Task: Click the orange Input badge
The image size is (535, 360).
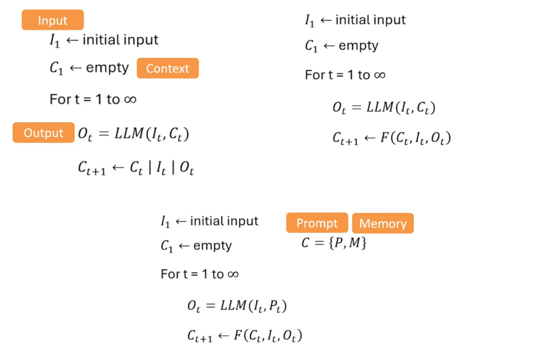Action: tap(53, 20)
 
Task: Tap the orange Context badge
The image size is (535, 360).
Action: tap(167, 68)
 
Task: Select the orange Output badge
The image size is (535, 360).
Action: tap(44, 133)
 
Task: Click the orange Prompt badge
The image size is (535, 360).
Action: tap(317, 223)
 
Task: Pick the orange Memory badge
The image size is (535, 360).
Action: tap(382, 223)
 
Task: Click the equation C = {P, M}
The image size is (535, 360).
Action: tap(334, 243)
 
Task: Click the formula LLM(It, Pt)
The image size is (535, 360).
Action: tap(254, 306)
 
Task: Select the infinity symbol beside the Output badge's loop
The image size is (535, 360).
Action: tap(130, 99)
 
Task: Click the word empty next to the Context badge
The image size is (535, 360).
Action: tap(107, 68)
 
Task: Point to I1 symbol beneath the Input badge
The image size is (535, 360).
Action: tap(54, 41)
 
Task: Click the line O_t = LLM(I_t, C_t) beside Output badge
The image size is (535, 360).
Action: tap(134, 134)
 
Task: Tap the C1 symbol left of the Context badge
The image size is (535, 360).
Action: tap(56, 69)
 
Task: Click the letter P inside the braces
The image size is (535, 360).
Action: tap(341, 243)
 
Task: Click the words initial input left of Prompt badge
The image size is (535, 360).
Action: tap(224, 221)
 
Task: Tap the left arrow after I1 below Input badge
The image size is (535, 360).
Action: tap(72, 40)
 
